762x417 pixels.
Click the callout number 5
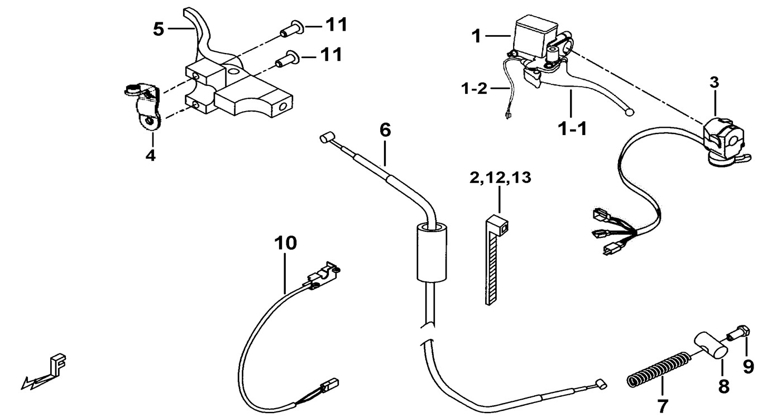pyautogui.click(x=159, y=29)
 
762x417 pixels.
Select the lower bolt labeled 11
pyautogui.click(x=288, y=56)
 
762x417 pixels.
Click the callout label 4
pyautogui.click(x=150, y=155)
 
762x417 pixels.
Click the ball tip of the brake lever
pyautogui.click(x=630, y=112)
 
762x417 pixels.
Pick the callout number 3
pyautogui.click(x=715, y=83)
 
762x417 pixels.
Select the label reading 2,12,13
pyautogui.click(x=499, y=179)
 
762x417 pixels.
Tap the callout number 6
pyautogui.click(x=385, y=131)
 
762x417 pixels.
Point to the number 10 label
pyautogui.click(x=285, y=243)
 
